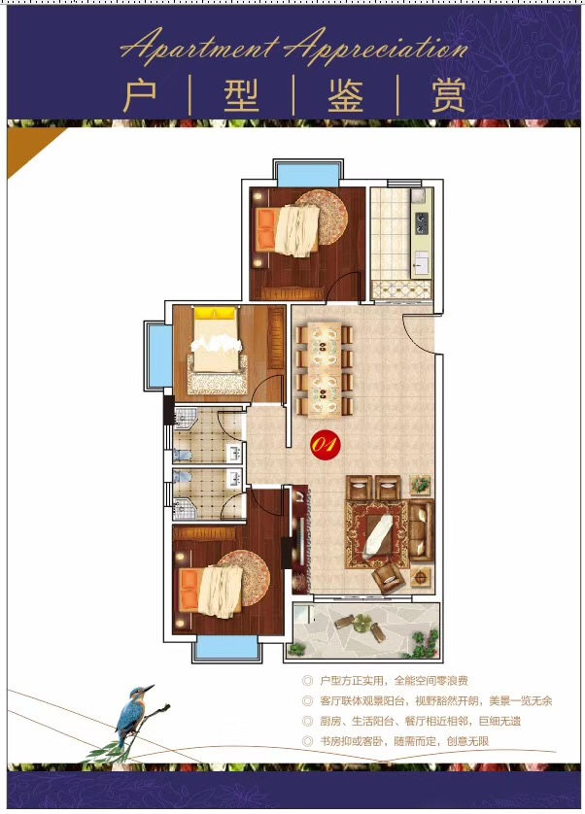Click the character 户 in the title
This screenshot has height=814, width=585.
click(140, 95)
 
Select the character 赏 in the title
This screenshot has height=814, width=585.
click(448, 95)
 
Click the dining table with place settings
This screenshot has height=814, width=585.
click(325, 370)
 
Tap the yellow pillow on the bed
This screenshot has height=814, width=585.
click(214, 313)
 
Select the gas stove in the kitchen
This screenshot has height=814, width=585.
click(421, 222)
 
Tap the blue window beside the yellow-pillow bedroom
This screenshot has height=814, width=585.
click(159, 356)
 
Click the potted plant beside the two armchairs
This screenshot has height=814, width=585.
click(421, 486)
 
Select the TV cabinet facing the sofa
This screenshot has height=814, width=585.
click(300, 540)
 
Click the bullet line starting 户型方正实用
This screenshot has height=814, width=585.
click(387, 681)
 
